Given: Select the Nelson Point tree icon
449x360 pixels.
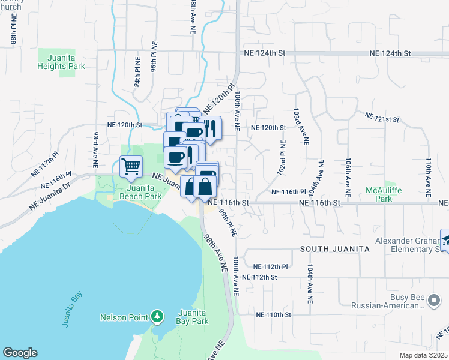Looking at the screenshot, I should pos(157,316).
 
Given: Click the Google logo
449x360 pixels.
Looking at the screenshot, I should pos(20,353).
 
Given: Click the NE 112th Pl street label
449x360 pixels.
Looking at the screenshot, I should pos(271,266).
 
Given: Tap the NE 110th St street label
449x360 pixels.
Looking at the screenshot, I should pos(273,314).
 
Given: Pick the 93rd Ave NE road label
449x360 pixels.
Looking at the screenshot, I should pos(95,150).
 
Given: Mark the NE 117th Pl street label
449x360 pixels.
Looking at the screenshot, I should pos(45,164).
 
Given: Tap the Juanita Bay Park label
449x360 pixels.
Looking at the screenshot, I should pos(193,317).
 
